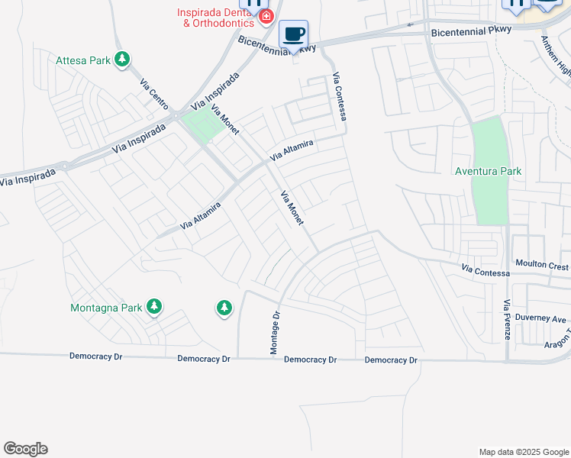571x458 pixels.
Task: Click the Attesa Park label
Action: point(82,60)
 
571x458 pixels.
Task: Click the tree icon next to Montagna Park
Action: point(155,307)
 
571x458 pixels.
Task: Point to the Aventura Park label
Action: point(489,171)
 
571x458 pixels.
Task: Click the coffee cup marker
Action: point(293,34)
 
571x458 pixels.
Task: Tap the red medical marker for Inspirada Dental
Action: point(266,16)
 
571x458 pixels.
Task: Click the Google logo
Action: point(25,449)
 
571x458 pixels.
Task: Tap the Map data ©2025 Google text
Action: point(523,452)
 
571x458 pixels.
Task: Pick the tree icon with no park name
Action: point(223,308)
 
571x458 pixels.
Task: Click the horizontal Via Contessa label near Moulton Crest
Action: point(486,270)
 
